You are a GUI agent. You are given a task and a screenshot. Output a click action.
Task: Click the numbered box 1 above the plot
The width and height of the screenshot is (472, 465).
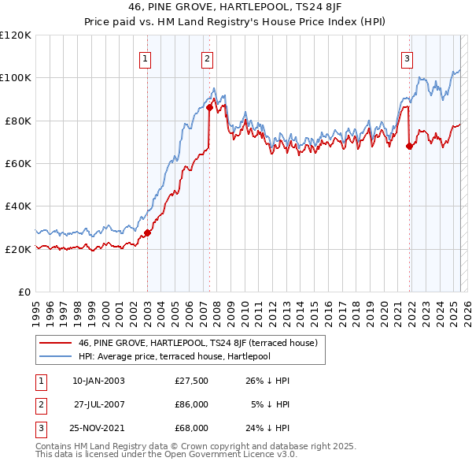146,58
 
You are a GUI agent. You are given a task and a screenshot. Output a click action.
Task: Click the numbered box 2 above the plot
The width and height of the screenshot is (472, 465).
206,58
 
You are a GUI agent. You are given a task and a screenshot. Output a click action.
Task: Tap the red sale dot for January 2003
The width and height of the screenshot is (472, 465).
147,232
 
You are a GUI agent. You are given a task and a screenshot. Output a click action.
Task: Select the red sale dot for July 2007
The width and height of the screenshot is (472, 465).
210,107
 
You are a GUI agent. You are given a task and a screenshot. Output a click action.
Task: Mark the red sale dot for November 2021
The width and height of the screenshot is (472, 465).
409,146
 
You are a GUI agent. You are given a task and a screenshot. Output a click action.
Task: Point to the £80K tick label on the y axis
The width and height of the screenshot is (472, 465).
17,121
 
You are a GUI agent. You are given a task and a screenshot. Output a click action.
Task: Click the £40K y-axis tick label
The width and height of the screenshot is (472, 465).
17,206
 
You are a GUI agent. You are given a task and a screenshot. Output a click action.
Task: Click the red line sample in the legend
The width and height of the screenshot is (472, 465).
55,343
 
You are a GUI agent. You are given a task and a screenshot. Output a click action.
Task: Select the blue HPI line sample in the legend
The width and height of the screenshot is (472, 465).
55,355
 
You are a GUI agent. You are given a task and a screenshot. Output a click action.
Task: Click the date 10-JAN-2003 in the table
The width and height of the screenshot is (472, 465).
98,381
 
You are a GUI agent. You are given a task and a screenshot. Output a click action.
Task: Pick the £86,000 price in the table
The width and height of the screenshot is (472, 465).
191,404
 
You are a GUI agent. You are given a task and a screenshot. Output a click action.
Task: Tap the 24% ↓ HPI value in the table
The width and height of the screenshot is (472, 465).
267,428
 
